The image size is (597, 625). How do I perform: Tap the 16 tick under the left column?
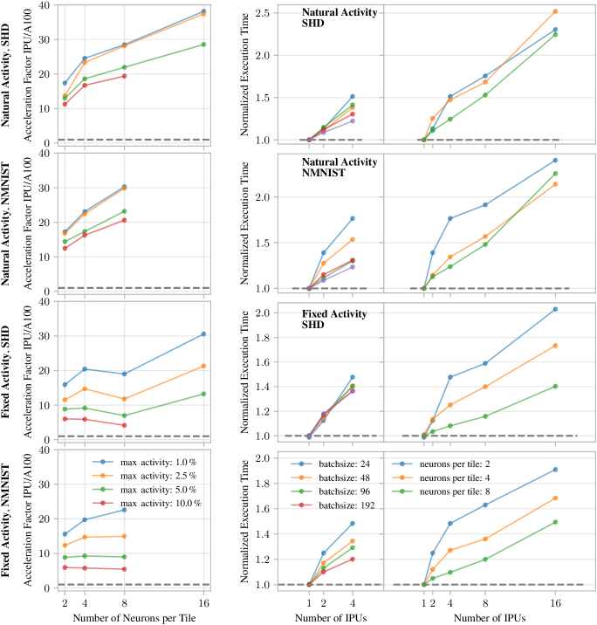coord(203,602)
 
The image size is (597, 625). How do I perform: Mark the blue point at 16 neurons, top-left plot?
coord(203,11)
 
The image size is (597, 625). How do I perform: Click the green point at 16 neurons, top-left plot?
coord(203,45)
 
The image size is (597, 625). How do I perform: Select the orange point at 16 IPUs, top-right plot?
coord(555,11)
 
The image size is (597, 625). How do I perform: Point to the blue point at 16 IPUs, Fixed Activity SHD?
coord(555,309)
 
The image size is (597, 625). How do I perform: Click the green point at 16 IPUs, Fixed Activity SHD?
coord(555,386)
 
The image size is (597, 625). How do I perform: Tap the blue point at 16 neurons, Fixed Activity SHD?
coord(203,333)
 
